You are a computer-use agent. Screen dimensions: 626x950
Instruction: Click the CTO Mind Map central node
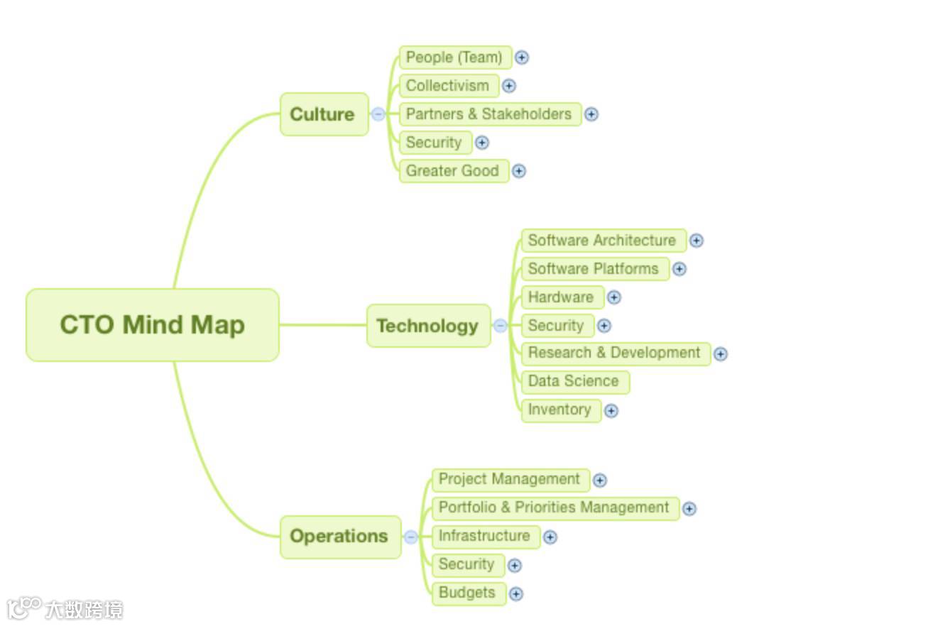[x=152, y=325]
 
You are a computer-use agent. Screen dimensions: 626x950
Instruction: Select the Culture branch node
[x=324, y=114]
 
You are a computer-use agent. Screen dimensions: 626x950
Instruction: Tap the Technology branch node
[x=428, y=326]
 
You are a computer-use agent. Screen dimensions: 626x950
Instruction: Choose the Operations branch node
[x=340, y=537]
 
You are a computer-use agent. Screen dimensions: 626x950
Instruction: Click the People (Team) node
[x=454, y=57]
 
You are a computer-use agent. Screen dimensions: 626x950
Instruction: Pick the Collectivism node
[x=448, y=86]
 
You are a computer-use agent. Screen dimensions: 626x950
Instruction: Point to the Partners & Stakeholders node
[x=489, y=114]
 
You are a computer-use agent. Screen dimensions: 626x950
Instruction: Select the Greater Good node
[x=453, y=171]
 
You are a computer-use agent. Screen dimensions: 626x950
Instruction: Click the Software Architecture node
[x=603, y=241]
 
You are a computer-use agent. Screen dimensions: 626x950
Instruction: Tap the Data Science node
[x=574, y=381]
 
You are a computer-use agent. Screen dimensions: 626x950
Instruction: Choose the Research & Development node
[x=615, y=353]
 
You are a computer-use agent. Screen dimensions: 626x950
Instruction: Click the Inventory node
[x=560, y=410]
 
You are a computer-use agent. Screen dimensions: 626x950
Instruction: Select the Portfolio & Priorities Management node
[x=555, y=508]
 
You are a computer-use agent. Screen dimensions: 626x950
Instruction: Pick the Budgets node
[x=468, y=593]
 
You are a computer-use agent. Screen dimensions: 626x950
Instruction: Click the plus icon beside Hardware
[x=614, y=297]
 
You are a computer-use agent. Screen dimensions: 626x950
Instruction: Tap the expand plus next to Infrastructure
[x=550, y=537]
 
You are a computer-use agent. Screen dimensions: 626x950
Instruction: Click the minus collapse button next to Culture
[x=378, y=114]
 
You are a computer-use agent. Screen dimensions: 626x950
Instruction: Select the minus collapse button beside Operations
[x=411, y=537]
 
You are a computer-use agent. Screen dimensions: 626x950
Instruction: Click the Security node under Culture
[x=435, y=143]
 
